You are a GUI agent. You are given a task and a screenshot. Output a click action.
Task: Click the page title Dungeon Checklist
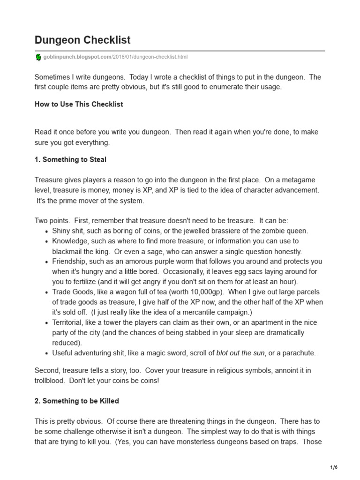[82, 40]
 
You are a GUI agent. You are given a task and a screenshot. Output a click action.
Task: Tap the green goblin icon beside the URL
[38, 57]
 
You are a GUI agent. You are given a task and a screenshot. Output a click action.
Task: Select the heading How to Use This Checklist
[79, 104]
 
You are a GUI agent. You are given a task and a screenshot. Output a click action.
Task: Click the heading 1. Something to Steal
[70, 159]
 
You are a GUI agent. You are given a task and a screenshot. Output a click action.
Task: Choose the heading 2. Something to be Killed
[77, 401]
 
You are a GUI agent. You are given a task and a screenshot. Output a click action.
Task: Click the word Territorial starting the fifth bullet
[69, 322]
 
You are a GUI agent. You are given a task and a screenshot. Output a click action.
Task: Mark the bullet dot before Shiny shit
[46, 231]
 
